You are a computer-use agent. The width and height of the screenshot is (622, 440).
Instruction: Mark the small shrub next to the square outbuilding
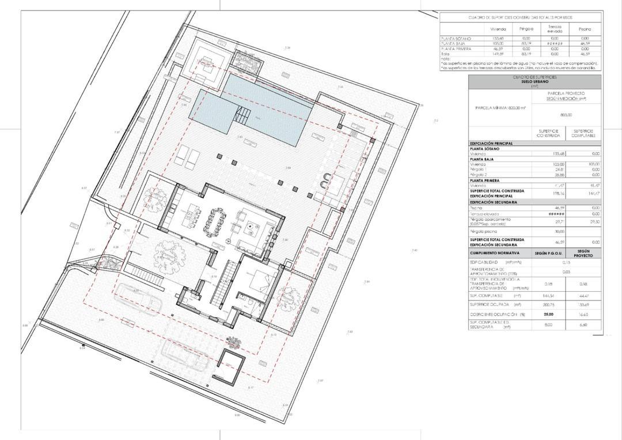pos(234,343)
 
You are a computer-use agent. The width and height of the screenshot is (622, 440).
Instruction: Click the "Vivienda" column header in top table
pos(498,29)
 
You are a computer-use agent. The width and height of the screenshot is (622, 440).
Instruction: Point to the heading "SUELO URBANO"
pos(534,82)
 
